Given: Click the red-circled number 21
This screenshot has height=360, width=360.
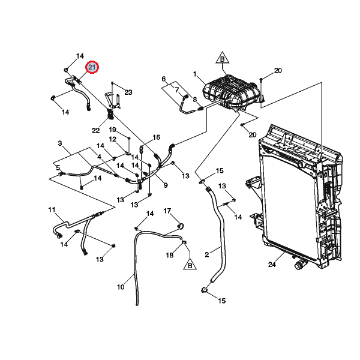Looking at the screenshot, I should tap(92, 68).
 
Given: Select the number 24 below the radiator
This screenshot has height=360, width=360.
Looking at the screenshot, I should tap(271, 264).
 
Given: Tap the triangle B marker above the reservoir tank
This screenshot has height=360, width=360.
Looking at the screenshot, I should tap(221, 59).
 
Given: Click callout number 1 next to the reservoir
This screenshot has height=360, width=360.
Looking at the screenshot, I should tap(195, 74).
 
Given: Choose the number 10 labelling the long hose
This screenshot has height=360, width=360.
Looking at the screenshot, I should tap(120, 287).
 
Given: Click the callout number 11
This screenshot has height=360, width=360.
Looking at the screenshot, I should tap(52, 210).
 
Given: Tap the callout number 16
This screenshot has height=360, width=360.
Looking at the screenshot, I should tap(157, 137).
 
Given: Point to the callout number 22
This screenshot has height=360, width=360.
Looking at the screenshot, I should tap(96, 130).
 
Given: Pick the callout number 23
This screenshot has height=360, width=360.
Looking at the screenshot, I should tap(128, 92).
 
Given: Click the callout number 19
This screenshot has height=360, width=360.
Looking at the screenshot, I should tap(112, 130).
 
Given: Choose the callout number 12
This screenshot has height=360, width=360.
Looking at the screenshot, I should tap(112, 139).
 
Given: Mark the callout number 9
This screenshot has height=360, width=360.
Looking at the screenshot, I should tap(165, 185).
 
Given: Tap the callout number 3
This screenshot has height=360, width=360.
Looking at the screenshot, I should tap(60, 143).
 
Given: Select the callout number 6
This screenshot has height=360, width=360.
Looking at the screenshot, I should tap(163, 79).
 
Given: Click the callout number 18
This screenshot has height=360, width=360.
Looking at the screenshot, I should tap(170, 255).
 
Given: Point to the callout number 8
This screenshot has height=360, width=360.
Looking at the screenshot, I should tap(194, 99).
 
